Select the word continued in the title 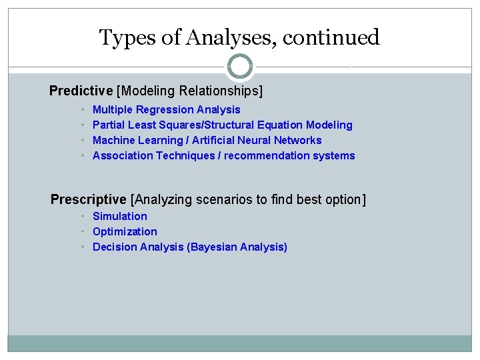[331, 37]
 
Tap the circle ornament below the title [240, 67]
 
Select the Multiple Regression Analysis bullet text [166, 109]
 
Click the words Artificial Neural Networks [257, 140]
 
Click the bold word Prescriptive [89, 199]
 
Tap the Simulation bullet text [120, 216]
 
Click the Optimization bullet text [125, 231]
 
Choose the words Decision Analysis [138, 247]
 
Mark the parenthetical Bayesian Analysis [237, 247]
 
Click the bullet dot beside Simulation [83, 216]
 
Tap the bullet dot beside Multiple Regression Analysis [83, 109]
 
